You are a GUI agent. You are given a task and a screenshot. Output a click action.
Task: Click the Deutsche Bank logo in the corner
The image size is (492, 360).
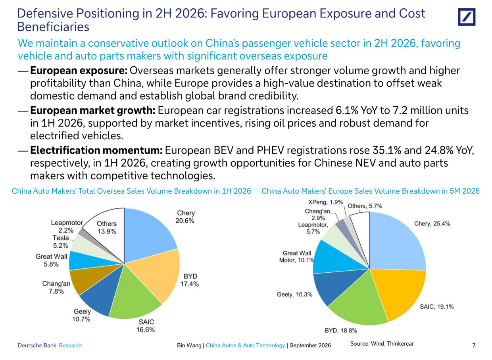(x=467, y=17)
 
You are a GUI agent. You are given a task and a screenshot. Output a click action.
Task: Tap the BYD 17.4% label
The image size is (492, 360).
(x=190, y=280)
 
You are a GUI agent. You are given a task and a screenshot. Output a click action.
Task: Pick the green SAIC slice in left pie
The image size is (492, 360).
(x=134, y=295)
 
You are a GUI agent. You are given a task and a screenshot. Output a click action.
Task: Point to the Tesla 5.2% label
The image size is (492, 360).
(x=61, y=242)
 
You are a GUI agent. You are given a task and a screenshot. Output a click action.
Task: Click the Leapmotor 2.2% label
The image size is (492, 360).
(x=67, y=226)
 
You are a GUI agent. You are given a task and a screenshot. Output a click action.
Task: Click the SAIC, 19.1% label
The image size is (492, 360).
(x=436, y=306)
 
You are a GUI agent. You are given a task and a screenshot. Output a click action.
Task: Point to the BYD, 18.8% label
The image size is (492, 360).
(x=341, y=330)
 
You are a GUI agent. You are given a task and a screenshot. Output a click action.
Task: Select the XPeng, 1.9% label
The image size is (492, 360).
(x=325, y=202)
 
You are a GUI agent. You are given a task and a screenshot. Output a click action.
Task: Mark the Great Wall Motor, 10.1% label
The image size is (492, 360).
(x=297, y=257)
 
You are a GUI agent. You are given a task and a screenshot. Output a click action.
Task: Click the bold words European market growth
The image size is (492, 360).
(x=93, y=110)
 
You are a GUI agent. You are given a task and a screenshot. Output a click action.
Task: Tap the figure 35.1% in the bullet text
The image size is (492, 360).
(x=387, y=150)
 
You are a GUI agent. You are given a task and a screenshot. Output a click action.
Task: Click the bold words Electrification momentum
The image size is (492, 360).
(x=96, y=150)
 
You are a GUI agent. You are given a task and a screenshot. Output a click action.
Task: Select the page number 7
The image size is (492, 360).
(x=474, y=345)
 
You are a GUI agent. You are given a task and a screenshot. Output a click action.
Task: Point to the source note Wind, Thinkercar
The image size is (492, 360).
(x=392, y=343)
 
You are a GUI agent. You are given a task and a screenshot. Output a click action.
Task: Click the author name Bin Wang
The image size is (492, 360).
(x=189, y=345)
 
